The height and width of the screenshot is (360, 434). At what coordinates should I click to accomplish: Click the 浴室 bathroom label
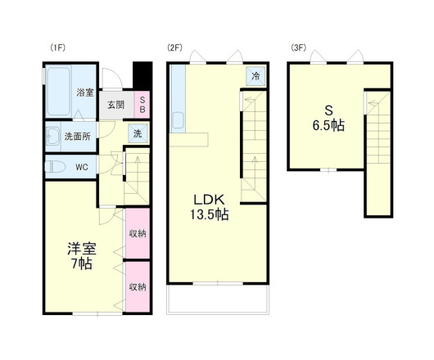85,92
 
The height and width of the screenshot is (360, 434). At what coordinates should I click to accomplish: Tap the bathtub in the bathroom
58,92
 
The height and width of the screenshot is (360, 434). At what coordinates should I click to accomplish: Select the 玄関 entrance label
116,105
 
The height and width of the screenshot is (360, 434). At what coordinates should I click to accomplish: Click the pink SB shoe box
142,105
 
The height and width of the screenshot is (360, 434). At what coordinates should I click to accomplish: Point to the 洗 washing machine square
138,133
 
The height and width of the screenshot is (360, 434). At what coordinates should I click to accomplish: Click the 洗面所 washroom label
78,137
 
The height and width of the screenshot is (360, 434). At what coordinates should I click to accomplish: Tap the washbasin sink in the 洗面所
53,136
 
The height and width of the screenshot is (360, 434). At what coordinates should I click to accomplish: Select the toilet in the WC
55,167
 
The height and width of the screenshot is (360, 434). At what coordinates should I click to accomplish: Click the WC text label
82,167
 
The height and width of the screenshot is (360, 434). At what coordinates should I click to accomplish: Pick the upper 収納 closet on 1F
138,233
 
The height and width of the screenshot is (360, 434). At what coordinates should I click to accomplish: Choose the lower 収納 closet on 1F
138,287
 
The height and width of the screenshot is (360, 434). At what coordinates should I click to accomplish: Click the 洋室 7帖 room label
82,256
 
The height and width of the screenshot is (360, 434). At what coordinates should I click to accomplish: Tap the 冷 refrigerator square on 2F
255,76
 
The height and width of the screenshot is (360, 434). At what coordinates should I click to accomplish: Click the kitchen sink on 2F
178,120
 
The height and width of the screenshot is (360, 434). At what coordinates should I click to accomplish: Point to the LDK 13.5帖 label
209,207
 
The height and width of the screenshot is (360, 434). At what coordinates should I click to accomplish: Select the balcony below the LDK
218,299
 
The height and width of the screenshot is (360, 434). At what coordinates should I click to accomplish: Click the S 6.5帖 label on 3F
328,119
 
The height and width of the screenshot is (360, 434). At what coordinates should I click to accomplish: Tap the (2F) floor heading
175,47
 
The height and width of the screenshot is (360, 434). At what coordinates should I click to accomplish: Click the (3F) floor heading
299,47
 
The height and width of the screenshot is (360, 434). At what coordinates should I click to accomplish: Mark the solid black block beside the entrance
142,75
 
